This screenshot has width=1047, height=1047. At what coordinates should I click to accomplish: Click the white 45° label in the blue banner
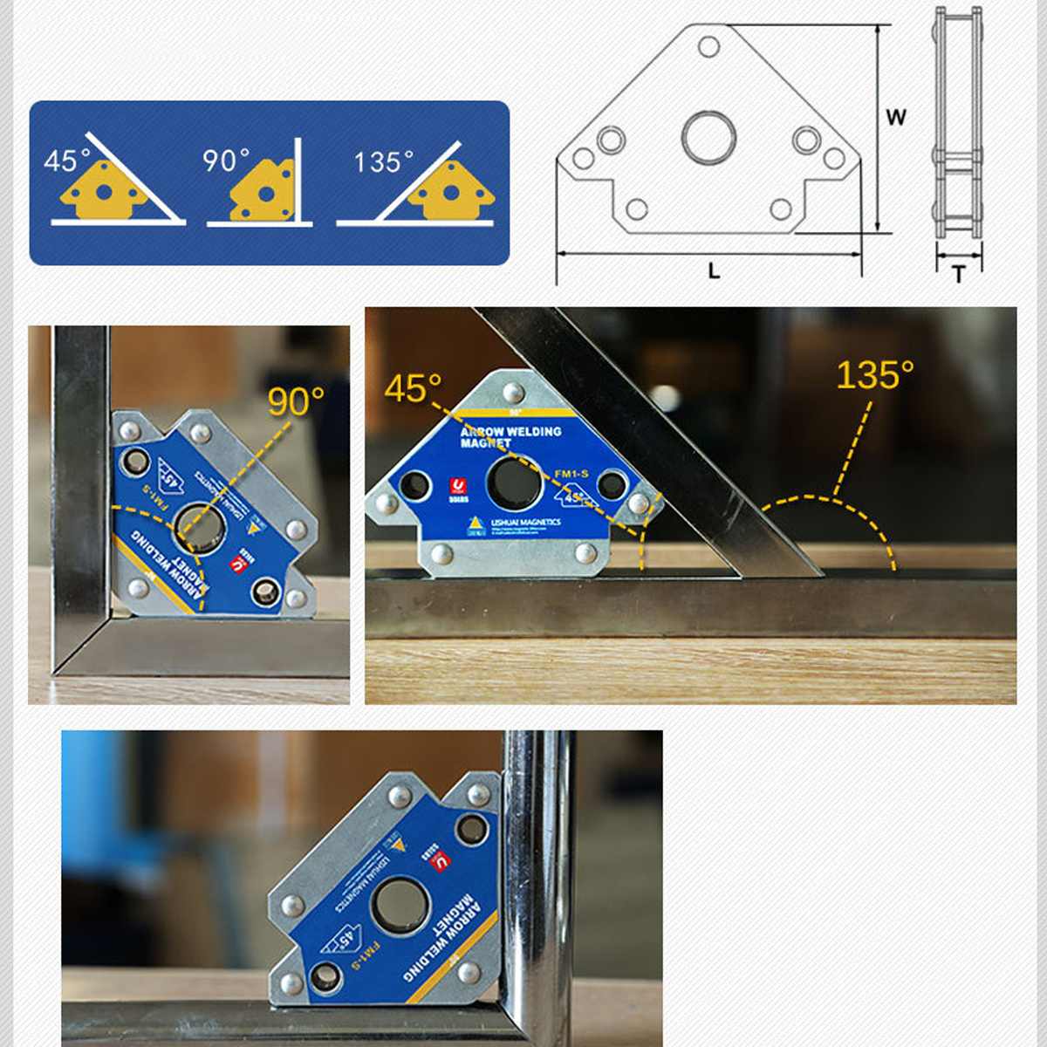[66, 161]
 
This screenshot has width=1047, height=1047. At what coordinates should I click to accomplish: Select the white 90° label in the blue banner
[225, 161]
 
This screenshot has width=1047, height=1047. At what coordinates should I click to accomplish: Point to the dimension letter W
[896, 117]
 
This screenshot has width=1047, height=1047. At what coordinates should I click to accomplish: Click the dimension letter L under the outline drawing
[714, 271]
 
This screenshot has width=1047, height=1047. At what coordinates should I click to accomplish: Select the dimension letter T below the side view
[959, 275]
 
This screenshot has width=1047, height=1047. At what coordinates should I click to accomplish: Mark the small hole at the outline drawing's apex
[708, 45]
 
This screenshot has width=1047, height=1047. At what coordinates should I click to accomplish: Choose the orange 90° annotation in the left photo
[296, 401]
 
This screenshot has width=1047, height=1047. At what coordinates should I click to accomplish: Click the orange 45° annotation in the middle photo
[413, 388]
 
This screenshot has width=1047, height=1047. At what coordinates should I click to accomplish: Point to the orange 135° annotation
[874, 375]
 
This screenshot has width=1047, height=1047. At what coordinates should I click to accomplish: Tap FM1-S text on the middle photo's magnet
[571, 474]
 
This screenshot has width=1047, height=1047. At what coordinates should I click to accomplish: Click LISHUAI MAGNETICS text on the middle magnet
[525, 523]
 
